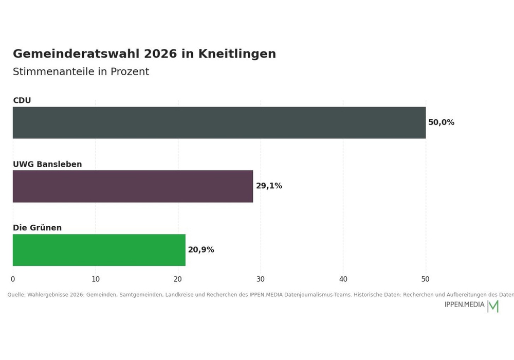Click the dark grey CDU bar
pos(219,122)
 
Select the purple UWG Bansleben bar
pos(133,186)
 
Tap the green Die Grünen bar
pos(99,250)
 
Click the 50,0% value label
pos(441,122)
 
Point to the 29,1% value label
pos(269,186)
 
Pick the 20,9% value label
pos(201,250)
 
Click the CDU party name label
pos(22,100)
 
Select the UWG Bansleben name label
pos(47,164)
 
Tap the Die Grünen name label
pos(38,227)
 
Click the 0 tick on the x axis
pos(13,279)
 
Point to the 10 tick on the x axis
pos(96,279)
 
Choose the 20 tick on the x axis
pos(178,279)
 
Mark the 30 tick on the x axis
pos(260,279)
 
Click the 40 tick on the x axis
pos(343,279)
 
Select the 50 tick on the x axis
pos(425,279)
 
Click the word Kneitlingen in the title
pos(237,54)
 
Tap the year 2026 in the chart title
pos(160,54)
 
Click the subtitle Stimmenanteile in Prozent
pos(81,71)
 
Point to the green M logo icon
pos(493,306)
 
